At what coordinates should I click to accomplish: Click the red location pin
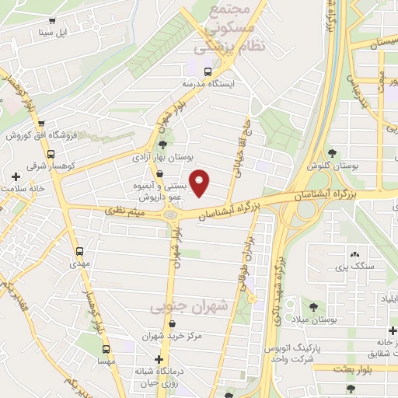click(200, 183)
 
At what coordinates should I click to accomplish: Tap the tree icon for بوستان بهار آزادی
click(162, 145)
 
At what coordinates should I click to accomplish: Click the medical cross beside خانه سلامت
click(16, 176)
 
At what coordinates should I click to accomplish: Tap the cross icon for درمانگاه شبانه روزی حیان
click(159, 360)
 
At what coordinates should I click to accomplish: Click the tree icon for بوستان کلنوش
click(333, 153)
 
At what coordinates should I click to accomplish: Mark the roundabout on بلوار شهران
click(175, 214)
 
